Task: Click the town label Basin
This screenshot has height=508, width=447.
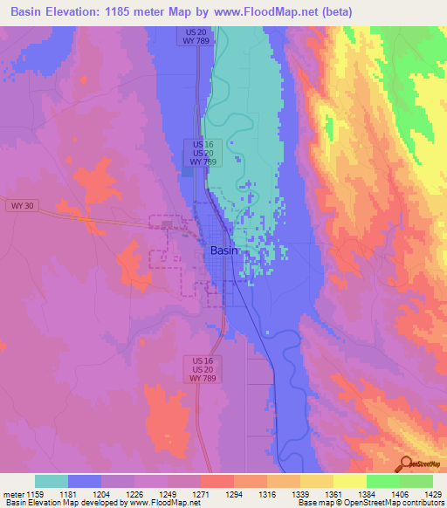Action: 223,251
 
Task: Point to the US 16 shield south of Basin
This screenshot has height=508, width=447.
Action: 203,360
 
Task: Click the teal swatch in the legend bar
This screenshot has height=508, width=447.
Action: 52,481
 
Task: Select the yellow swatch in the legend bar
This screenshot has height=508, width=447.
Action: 349,481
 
